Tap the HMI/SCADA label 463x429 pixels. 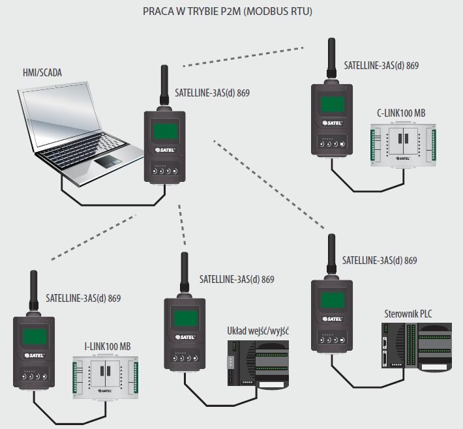click(x=42, y=72)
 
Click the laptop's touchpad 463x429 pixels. click(x=109, y=160)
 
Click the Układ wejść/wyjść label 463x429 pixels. click(x=258, y=331)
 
